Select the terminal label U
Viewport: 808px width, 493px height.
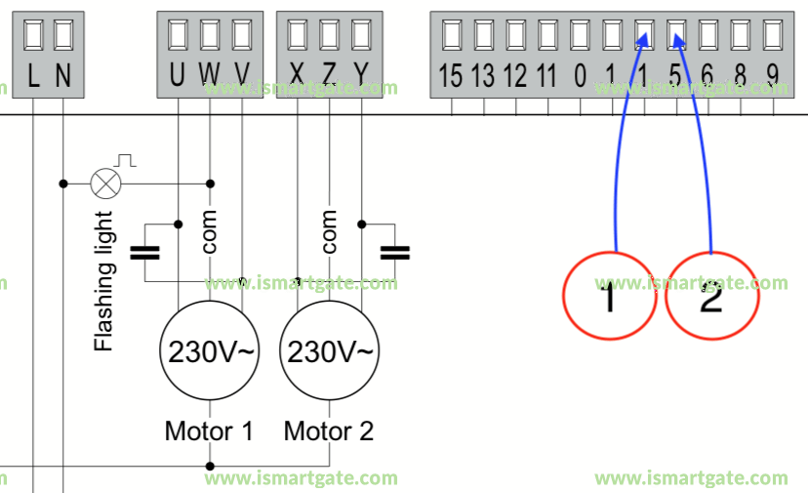pyautogui.click(x=177, y=75)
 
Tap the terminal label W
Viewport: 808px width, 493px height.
pyautogui.click(x=209, y=75)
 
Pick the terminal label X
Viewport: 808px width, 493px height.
pyautogui.click(x=298, y=75)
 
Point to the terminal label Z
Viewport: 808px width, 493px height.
pyautogui.click(x=329, y=75)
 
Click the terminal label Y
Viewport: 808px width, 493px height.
pyautogui.click(x=361, y=75)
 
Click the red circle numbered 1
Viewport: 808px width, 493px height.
pyautogui.click(x=610, y=295)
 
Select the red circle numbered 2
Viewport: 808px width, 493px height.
pyautogui.click(x=711, y=295)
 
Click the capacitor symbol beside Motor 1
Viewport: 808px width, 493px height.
pyautogui.click(x=145, y=253)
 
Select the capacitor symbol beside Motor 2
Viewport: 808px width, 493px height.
pyautogui.click(x=394, y=253)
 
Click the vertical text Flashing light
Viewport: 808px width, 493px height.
pyautogui.click(x=103, y=281)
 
